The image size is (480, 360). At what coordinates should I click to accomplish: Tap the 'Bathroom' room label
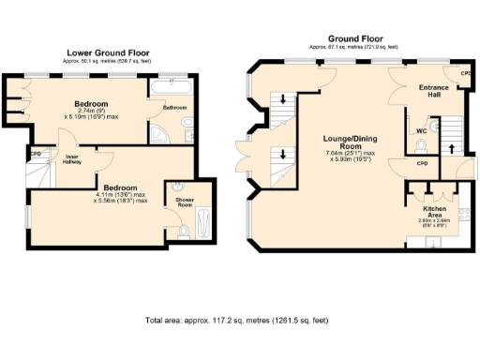coord(174,108)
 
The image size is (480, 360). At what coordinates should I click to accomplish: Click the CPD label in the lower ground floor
coord(37,153)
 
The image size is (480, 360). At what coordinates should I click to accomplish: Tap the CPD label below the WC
coord(422,162)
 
